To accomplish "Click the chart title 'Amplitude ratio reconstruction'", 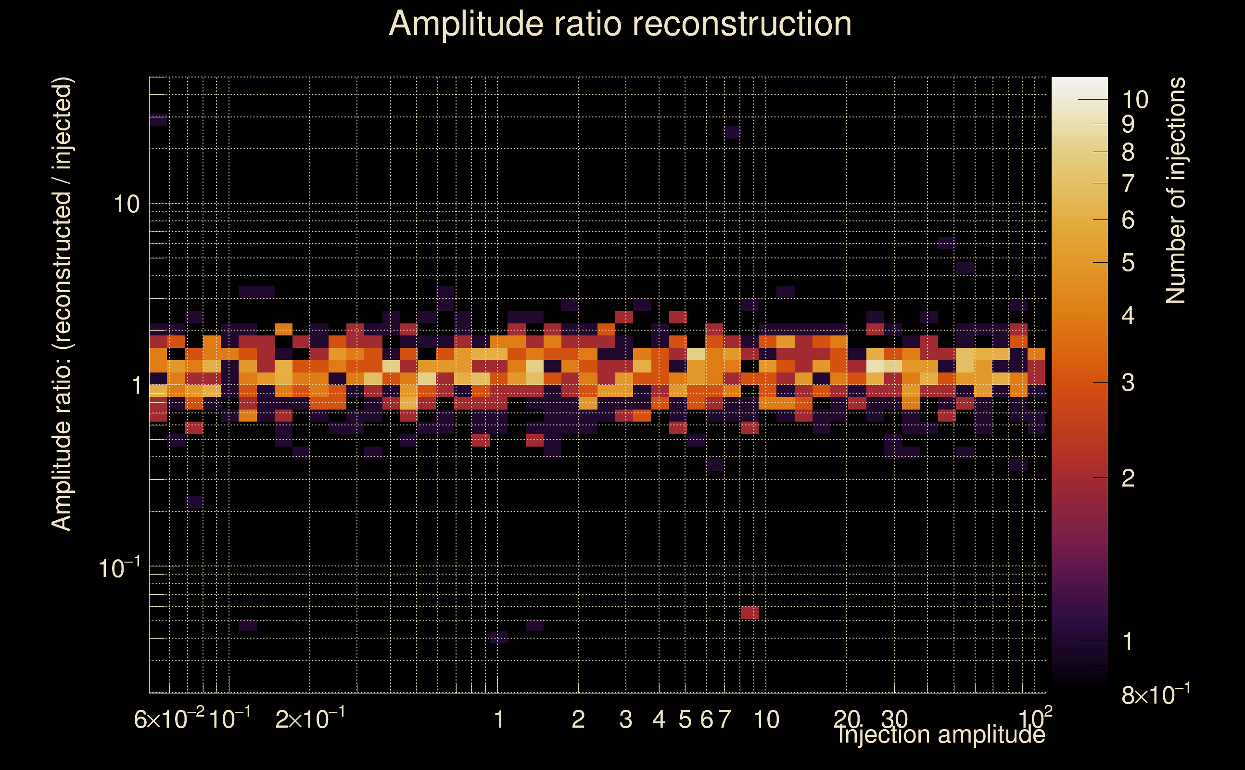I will (x=620, y=24).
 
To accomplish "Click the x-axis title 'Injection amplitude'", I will (x=941, y=734).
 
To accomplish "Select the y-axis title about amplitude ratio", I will (x=62, y=304).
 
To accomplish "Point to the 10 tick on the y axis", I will (x=126, y=204).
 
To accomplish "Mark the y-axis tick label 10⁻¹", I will (x=119, y=568).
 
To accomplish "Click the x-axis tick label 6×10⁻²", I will (x=169, y=719).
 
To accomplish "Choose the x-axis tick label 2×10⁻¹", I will (x=309, y=719).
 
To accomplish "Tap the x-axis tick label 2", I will (x=578, y=719).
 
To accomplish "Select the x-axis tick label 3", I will (x=625, y=719).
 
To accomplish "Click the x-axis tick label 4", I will (x=659, y=719).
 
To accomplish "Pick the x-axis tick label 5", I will (x=685, y=719).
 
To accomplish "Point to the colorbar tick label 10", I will (x=1135, y=100).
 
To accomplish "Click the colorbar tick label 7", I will (x=1128, y=184).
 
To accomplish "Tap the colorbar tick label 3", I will (x=1128, y=383).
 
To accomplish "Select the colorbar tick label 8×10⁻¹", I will (x=1156, y=694).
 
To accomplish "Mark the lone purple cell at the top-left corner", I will (x=158, y=120).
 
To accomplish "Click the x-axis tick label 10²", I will (x=1035, y=719).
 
